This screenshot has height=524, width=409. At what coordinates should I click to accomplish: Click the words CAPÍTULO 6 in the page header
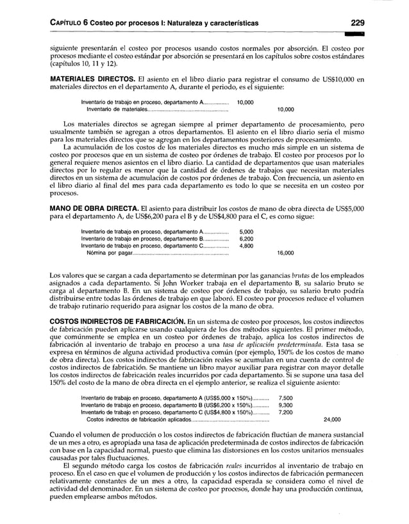tap(70, 24)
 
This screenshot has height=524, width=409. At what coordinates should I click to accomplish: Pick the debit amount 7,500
tap(285, 397)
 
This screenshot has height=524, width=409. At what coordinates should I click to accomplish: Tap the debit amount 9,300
tap(285, 405)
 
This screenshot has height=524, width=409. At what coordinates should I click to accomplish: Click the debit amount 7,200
tap(285, 412)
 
